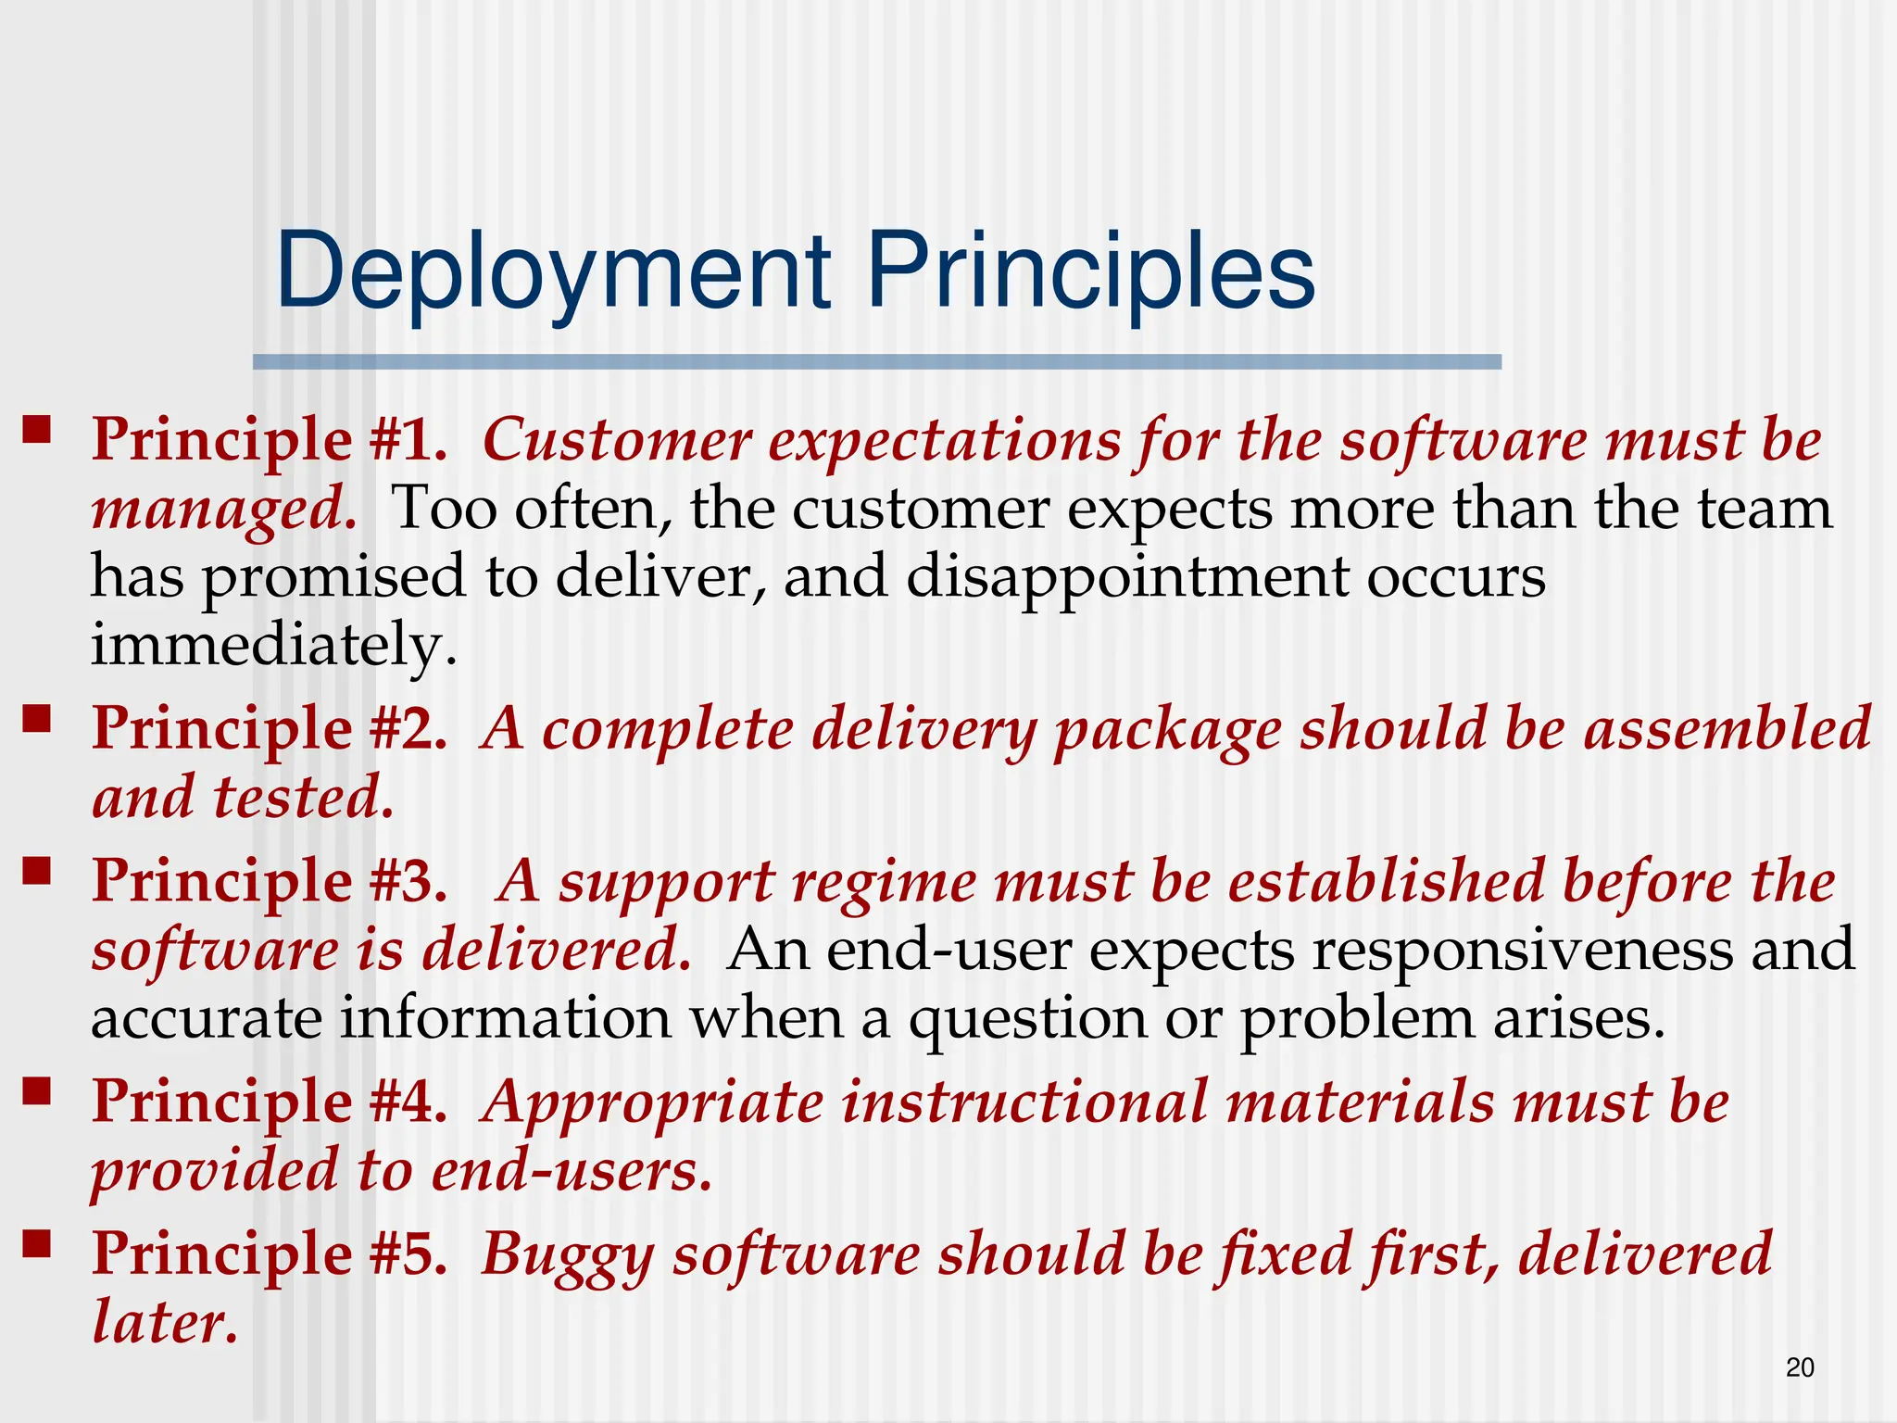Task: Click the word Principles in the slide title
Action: [x=1090, y=272]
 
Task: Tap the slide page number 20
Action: [x=1800, y=1367]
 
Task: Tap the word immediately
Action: [x=273, y=645]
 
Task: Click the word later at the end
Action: [x=165, y=1322]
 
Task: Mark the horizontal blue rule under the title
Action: [x=876, y=362]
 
